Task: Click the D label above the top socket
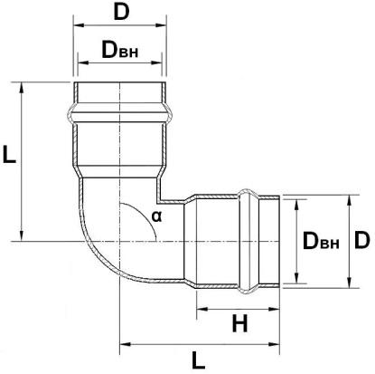click(121, 13)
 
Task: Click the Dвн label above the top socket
click(120, 50)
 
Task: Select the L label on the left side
click(9, 155)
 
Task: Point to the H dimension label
click(239, 323)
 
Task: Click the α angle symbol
click(156, 216)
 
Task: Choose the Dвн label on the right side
click(321, 241)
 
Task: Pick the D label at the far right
click(361, 241)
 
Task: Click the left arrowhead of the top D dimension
click(79, 25)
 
